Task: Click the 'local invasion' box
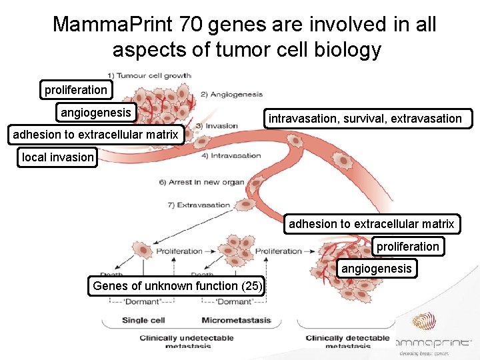click(x=57, y=157)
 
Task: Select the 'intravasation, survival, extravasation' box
click(x=365, y=119)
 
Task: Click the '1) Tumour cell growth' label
click(x=149, y=75)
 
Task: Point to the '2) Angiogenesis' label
click(x=231, y=95)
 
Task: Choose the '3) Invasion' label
click(x=217, y=125)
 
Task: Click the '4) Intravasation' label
click(x=230, y=156)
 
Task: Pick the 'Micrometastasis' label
click(x=236, y=320)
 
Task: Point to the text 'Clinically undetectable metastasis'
click(x=186, y=341)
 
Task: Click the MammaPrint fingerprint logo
click(x=424, y=326)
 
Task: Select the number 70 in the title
click(x=191, y=25)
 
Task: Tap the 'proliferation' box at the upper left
click(x=75, y=90)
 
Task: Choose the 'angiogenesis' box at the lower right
click(x=377, y=269)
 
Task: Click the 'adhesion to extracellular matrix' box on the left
click(x=96, y=135)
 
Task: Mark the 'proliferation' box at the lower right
click(x=408, y=247)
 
